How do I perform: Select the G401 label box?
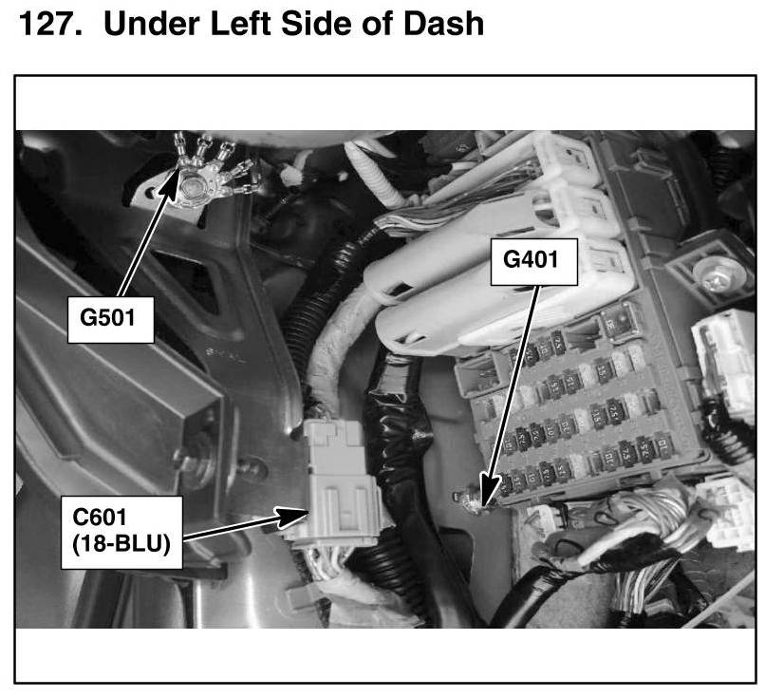pos(533,258)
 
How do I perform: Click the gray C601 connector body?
pos(337,494)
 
